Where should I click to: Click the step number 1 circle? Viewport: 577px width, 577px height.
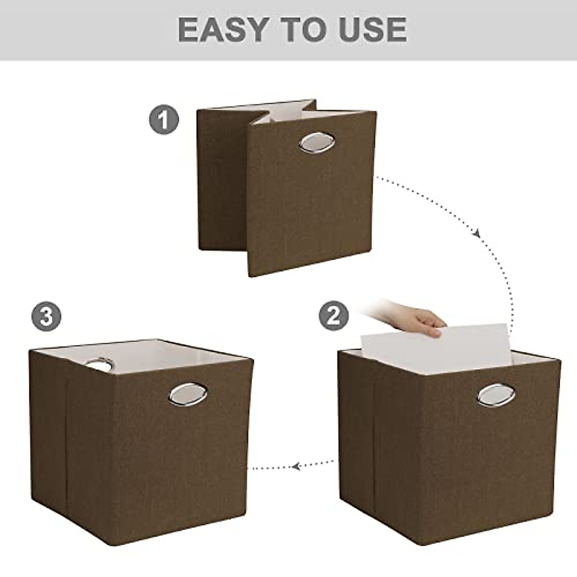point(163,120)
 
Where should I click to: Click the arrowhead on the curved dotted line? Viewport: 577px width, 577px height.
point(477,234)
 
